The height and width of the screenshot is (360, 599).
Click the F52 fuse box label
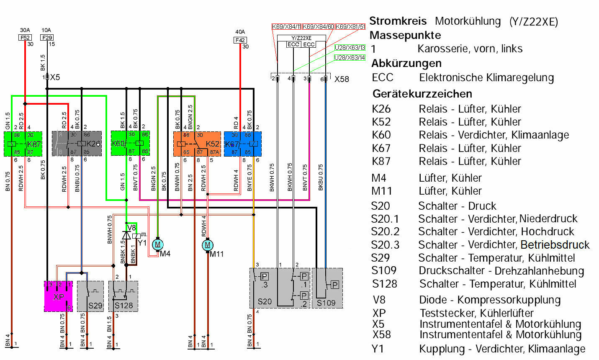click(25, 38)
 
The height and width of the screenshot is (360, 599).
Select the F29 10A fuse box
click(47, 38)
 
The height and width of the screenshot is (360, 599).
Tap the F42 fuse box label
click(240, 40)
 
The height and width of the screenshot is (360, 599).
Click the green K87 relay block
click(23, 144)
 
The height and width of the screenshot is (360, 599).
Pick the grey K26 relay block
click(77, 144)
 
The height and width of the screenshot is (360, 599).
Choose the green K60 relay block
click(130, 144)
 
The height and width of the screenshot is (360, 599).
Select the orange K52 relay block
click(197, 144)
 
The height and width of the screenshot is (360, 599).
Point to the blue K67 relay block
click(243, 144)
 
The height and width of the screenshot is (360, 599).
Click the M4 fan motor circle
click(158, 244)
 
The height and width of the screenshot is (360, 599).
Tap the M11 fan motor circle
click(208, 245)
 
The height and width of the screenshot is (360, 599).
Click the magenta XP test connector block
click(58, 296)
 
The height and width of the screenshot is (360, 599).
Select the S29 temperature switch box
click(90, 296)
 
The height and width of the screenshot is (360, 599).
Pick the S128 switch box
click(123, 296)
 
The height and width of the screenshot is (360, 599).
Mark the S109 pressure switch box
click(327, 288)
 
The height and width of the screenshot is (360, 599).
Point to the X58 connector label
click(342, 79)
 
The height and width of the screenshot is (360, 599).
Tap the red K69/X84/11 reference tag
click(287, 27)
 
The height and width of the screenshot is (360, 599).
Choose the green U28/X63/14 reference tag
click(350, 58)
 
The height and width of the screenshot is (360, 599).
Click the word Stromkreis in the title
click(398, 21)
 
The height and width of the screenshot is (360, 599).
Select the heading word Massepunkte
click(405, 35)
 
